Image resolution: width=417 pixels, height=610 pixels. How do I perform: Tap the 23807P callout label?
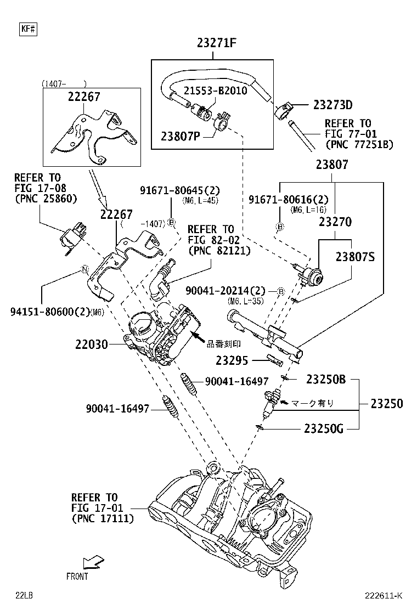(181, 135)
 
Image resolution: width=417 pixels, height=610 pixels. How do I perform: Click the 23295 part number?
(232, 360)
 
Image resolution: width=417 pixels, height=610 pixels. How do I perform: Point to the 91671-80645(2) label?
(179, 190)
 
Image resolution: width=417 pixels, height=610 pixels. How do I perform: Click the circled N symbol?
(84, 269)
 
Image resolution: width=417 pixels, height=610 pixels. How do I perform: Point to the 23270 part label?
(336, 222)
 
